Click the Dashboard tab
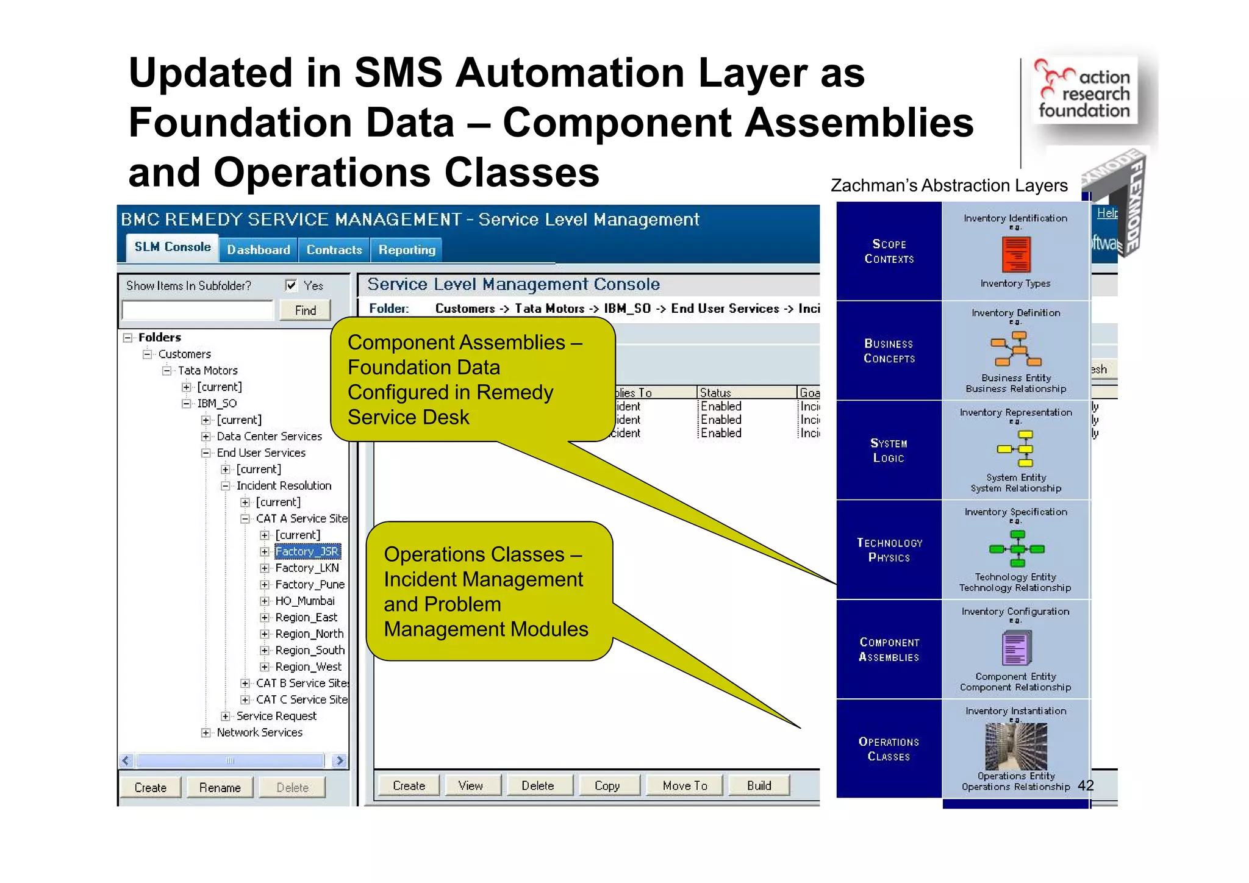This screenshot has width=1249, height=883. click(258, 250)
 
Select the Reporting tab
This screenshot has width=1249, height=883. click(407, 250)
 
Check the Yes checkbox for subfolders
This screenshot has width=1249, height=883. click(292, 285)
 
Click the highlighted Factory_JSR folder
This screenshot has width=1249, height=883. click(307, 551)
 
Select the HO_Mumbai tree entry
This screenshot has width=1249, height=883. click(304, 601)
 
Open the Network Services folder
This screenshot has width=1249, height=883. click(259, 732)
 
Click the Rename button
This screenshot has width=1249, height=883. click(220, 787)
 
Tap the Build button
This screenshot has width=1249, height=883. click(759, 785)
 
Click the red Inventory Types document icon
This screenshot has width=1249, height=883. click(1016, 254)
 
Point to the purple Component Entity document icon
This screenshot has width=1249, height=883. click(1016, 648)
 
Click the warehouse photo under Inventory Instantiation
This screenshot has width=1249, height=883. click(1016, 746)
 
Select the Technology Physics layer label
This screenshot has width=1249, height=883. click(889, 550)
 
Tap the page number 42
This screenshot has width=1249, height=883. click(1086, 785)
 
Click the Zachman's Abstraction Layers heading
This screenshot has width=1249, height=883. click(949, 185)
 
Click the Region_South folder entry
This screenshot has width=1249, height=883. click(309, 650)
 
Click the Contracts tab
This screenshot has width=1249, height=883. click(334, 250)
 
